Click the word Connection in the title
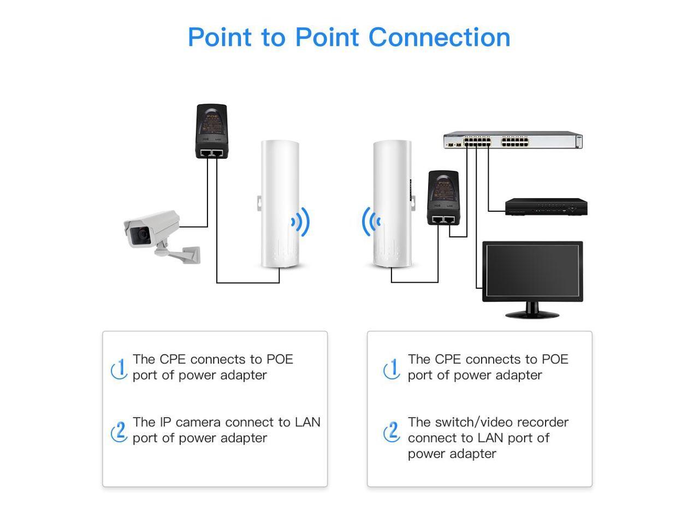pos(439,37)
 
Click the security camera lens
pos(143,235)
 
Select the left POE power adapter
pos(211,131)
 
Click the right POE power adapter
pos(443,197)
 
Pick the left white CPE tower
pos(280,204)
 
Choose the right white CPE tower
pos(392,204)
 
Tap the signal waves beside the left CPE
pos(301,222)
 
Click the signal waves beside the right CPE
pos(371,222)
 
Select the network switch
pos(512,140)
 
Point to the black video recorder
pos(546,207)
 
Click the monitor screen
pos(532,271)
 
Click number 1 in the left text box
pos(120,368)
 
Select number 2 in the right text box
pos(392,431)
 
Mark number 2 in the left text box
pos(119,431)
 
